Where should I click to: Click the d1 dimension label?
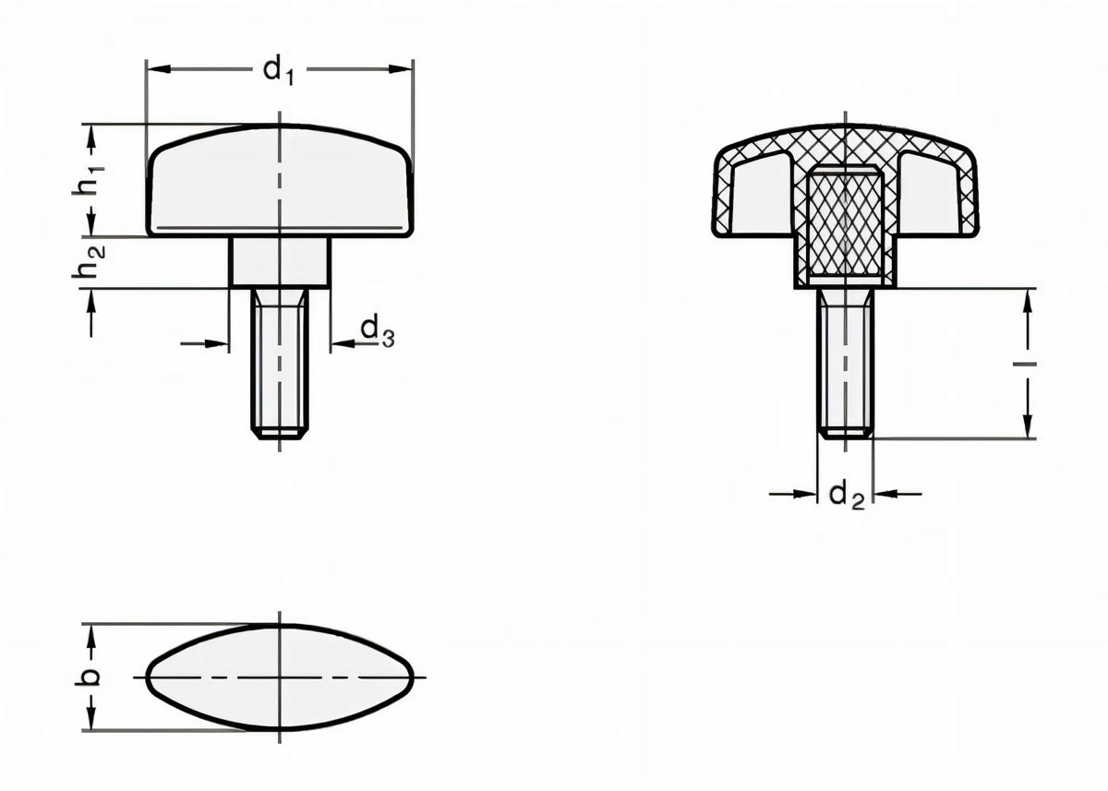(x=278, y=70)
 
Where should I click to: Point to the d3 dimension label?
(x=377, y=330)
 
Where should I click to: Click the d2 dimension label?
(x=846, y=496)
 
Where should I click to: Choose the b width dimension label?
(x=90, y=677)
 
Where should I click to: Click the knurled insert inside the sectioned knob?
(x=845, y=223)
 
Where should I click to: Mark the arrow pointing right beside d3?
(x=218, y=344)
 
